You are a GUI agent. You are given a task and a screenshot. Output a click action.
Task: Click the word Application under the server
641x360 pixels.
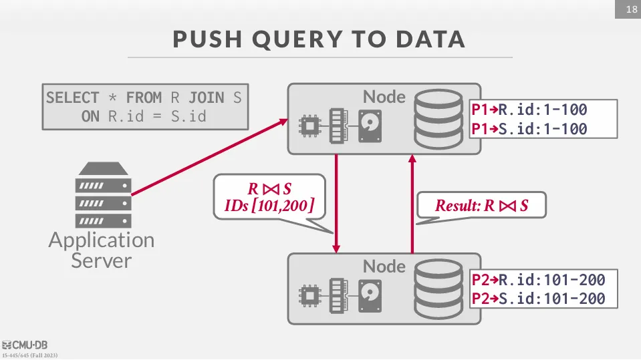(x=101, y=240)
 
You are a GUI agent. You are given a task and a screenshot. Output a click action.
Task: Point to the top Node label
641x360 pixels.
(x=384, y=97)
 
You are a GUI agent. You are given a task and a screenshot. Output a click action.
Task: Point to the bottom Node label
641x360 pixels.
(x=384, y=266)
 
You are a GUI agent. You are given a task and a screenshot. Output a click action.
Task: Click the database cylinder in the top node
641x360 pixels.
(x=437, y=120)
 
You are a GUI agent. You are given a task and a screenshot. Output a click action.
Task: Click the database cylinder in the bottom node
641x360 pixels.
(x=437, y=289)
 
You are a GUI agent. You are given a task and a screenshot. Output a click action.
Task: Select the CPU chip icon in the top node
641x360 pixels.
(x=309, y=125)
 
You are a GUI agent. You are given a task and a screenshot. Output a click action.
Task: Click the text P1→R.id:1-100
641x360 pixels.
(x=529, y=110)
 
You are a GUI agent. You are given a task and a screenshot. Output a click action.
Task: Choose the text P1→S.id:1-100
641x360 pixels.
(x=529, y=129)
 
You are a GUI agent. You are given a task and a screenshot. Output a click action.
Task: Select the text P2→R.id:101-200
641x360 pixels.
(x=538, y=280)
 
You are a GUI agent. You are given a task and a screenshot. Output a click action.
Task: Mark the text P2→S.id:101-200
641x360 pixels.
(x=538, y=299)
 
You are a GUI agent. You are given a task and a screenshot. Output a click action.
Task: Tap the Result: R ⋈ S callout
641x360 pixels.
(x=481, y=206)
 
